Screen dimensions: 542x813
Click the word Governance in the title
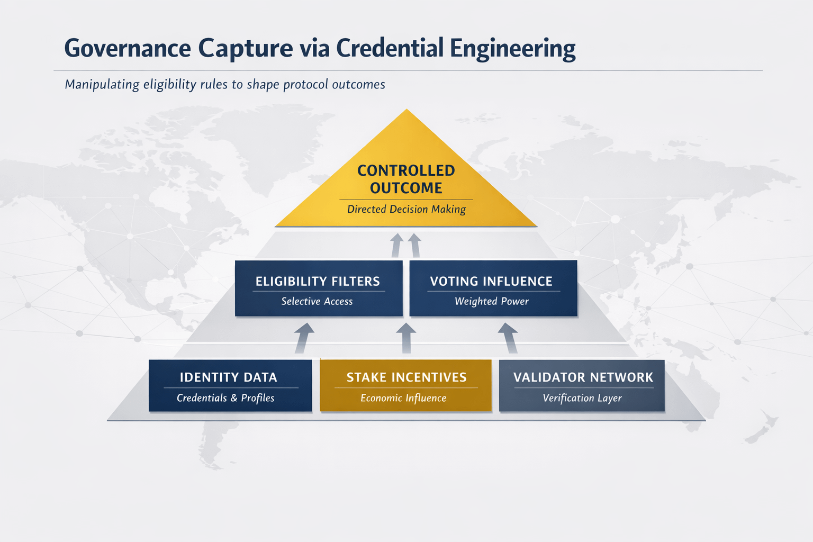pyautogui.click(x=128, y=49)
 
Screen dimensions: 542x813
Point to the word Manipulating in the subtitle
pyautogui.click(x=102, y=85)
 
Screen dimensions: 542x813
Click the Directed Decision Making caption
pyautogui.click(x=406, y=210)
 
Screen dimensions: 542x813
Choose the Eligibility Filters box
pyautogui.click(x=318, y=288)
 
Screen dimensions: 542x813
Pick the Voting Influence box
pyautogui.click(x=493, y=288)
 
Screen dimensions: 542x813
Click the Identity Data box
pyautogui.click(x=230, y=385)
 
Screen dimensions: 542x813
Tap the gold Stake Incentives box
pyautogui.click(x=405, y=385)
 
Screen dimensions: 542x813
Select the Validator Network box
pyautogui.click(x=581, y=385)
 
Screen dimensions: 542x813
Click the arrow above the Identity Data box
pyautogui.click(x=303, y=338)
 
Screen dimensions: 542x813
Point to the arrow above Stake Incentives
pyautogui.click(x=406, y=338)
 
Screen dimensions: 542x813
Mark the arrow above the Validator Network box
pyautogui.click(x=508, y=338)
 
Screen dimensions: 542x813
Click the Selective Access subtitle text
pyautogui.click(x=317, y=302)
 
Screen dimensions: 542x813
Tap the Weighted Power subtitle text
pyautogui.click(x=491, y=302)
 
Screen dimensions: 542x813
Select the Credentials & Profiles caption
pyautogui.click(x=225, y=398)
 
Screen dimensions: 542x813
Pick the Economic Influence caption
pyautogui.click(x=403, y=398)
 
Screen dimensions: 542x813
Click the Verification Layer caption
pyautogui.click(x=582, y=398)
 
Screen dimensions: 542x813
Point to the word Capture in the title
pyautogui.click(x=246, y=49)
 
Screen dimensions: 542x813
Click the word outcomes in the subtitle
pyautogui.click(x=358, y=85)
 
